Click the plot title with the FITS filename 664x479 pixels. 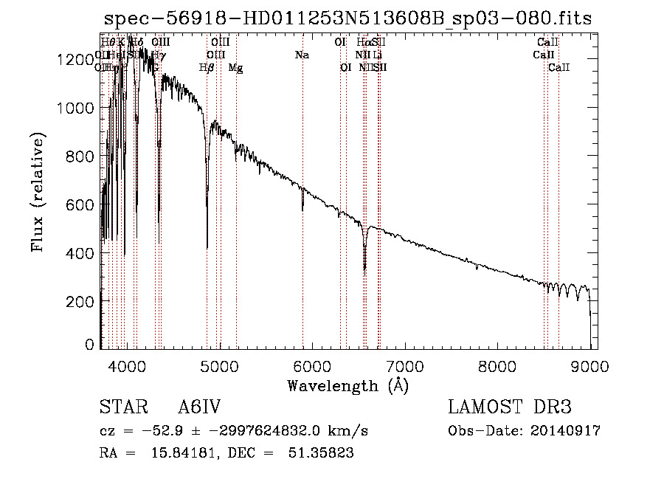tap(347, 18)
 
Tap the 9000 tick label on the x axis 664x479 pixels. tap(590, 364)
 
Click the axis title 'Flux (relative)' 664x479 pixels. tap(38, 191)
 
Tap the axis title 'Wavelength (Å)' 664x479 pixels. tap(347, 385)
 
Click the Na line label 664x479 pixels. tap(302, 55)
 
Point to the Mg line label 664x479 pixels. tap(235, 68)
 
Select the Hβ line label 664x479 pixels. tap(207, 68)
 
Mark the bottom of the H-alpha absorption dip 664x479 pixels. tap(364, 271)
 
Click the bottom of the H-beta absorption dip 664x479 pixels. tap(207, 247)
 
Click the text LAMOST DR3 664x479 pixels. tap(509, 407)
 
